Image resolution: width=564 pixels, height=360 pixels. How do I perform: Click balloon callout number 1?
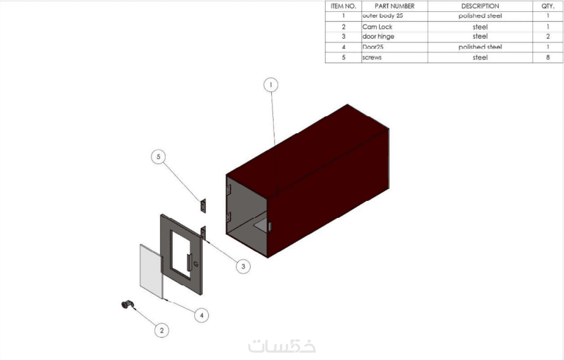click(271, 85)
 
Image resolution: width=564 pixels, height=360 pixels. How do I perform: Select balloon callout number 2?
click(162, 330)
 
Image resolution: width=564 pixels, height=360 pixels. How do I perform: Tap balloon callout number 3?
click(243, 267)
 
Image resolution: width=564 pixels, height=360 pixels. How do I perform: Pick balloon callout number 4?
click(201, 315)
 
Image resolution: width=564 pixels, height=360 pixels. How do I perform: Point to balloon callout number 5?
click(158, 157)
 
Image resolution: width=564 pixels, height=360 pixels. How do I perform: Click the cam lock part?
click(127, 305)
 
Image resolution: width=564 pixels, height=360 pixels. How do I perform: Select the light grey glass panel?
click(151, 271)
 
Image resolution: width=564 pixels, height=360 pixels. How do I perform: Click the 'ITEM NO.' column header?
click(343, 6)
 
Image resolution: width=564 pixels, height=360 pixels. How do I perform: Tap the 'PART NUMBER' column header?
click(394, 6)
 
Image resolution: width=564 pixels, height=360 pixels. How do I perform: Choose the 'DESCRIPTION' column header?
click(480, 6)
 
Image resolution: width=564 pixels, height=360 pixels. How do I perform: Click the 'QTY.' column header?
click(548, 6)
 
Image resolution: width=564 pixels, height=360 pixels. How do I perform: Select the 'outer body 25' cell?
click(383, 16)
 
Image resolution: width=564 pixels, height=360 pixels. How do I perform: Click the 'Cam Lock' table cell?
click(377, 26)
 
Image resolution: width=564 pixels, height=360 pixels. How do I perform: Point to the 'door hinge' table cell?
click(379, 36)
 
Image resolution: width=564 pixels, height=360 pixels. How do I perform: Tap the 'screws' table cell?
click(372, 58)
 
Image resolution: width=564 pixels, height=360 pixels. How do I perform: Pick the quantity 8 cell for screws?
click(548, 58)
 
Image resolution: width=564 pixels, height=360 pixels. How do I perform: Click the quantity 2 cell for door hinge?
click(548, 36)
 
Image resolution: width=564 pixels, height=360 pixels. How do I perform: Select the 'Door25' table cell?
click(373, 47)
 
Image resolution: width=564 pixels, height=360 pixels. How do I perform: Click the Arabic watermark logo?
click(282, 346)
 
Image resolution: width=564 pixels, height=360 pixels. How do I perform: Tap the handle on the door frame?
click(189, 263)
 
